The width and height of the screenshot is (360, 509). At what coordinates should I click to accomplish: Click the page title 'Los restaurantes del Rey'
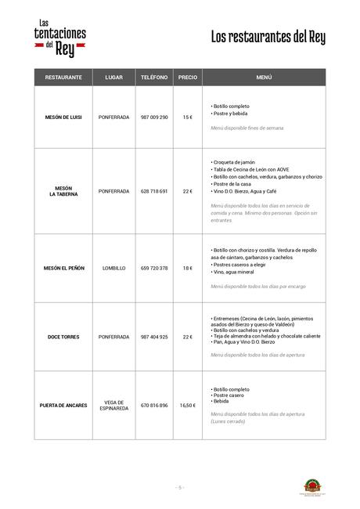pos(268,38)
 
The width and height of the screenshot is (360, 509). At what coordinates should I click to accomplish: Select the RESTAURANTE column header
pos(63,78)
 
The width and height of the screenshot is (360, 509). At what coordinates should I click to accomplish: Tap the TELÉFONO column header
pos(153,78)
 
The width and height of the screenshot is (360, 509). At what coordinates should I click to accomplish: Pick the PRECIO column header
pos(188,78)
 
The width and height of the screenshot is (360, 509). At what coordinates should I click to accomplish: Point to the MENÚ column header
pos(264,78)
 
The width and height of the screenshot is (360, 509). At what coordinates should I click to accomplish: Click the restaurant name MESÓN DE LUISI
pos(63,117)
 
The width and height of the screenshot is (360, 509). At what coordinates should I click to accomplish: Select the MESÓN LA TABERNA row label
pos(63,191)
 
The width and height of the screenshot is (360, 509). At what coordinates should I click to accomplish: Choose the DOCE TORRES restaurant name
pos(63,337)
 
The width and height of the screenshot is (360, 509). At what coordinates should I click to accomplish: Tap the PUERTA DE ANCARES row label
pos(63,405)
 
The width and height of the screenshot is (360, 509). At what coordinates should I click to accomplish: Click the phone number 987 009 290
pos(153,117)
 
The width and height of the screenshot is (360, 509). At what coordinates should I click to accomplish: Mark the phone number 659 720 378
pos(153,268)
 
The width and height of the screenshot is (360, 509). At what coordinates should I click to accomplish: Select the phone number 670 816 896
pos(153,405)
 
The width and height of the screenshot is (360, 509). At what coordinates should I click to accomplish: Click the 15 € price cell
pos(188,117)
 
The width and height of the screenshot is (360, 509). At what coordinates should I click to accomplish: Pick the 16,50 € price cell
pos(188,405)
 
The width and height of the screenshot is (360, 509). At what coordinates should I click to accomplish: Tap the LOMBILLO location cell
pos(113,268)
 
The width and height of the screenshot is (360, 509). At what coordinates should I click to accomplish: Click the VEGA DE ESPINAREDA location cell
pos(113,405)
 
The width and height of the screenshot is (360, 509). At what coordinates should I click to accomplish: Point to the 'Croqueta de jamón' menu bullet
pos(235,162)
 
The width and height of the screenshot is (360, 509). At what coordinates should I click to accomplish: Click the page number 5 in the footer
pos(180,487)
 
